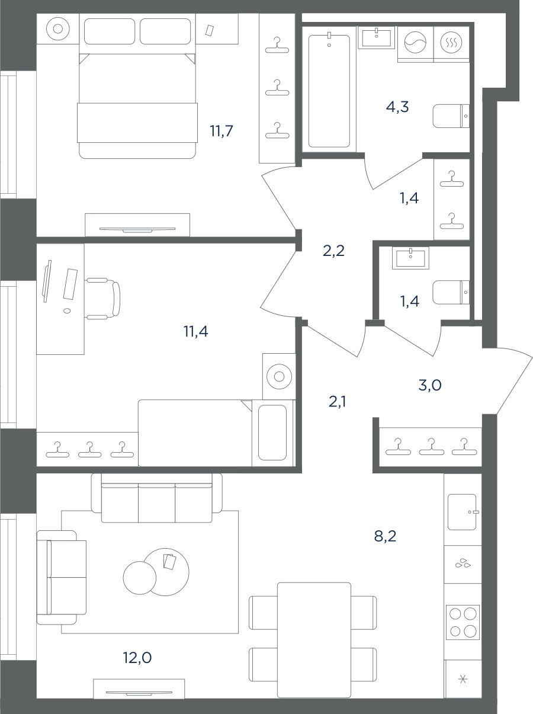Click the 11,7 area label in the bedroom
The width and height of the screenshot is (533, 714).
point(221,131)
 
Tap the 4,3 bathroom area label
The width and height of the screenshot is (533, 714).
point(397,107)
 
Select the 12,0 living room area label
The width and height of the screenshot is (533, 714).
point(137,657)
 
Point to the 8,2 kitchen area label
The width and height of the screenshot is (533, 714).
point(385,536)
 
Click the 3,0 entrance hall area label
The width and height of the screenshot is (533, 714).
point(429,385)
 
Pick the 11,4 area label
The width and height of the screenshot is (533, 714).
point(195,331)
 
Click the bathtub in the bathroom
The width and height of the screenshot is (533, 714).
point(329,91)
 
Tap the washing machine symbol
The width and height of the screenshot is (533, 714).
point(415,43)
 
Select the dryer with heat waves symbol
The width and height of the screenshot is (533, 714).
point(451,43)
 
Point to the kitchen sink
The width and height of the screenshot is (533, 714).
point(462,512)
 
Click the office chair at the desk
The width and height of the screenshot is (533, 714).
point(102,298)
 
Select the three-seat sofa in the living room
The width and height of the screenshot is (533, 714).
point(157,498)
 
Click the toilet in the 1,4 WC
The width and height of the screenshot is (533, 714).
point(451,292)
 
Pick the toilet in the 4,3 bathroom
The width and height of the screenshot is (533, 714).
point(451,116)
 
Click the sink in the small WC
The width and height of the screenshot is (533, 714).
point(410,258)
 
